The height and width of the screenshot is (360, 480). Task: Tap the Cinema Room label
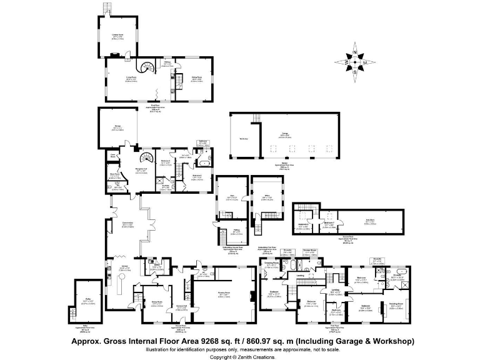(117, 35)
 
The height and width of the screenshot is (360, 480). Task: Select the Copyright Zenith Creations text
(240, 357)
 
